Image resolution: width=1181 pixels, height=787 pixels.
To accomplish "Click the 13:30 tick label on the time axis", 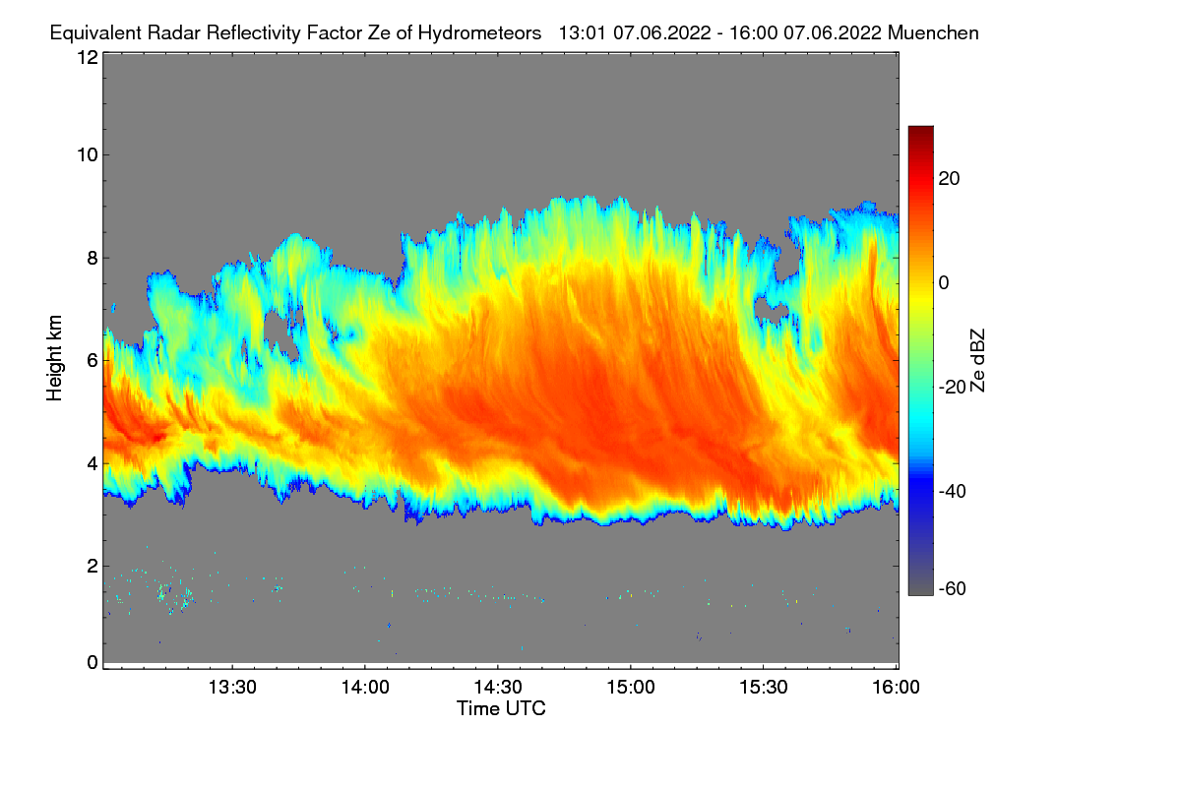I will pyautogui.click(x=232, y=687).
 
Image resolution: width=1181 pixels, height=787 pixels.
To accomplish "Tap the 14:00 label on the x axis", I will pyautogui.click(x=365, y=687).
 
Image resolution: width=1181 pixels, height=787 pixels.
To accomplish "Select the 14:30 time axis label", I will pyautogui.click(x=498, y=687).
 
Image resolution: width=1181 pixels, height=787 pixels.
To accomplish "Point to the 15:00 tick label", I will pyautogui.click(x=631, y=687).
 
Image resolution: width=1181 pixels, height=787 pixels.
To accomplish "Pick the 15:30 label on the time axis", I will pyautogui.click(x=764, y=687).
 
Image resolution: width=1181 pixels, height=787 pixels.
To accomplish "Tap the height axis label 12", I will pyautogui.click(x=87, y=57).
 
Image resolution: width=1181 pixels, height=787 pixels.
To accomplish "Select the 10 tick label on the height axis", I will pyautogui.click(x=87, y=154).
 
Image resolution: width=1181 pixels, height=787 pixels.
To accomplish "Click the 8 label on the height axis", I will pyautogui.click(x=92, y=258).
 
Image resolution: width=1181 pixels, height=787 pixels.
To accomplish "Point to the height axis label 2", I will pyautogui.click(x=92, y=566).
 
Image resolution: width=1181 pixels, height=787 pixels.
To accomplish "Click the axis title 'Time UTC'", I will pyautogui.click(x=501, y=708).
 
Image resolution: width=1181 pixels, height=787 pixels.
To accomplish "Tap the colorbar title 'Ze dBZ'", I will pyautogui.click(x=977, y=360).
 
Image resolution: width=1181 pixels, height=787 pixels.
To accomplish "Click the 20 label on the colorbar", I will pyautogui.click(x=949, y=179).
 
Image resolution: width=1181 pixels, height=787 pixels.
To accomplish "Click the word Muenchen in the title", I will pyautogui.click(x=933, y=32).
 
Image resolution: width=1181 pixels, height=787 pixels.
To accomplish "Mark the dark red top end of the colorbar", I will pyautogui.click(x=920, y=130).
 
